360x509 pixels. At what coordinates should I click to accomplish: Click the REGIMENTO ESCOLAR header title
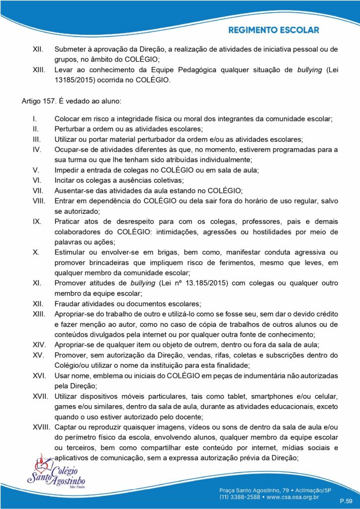273,30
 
